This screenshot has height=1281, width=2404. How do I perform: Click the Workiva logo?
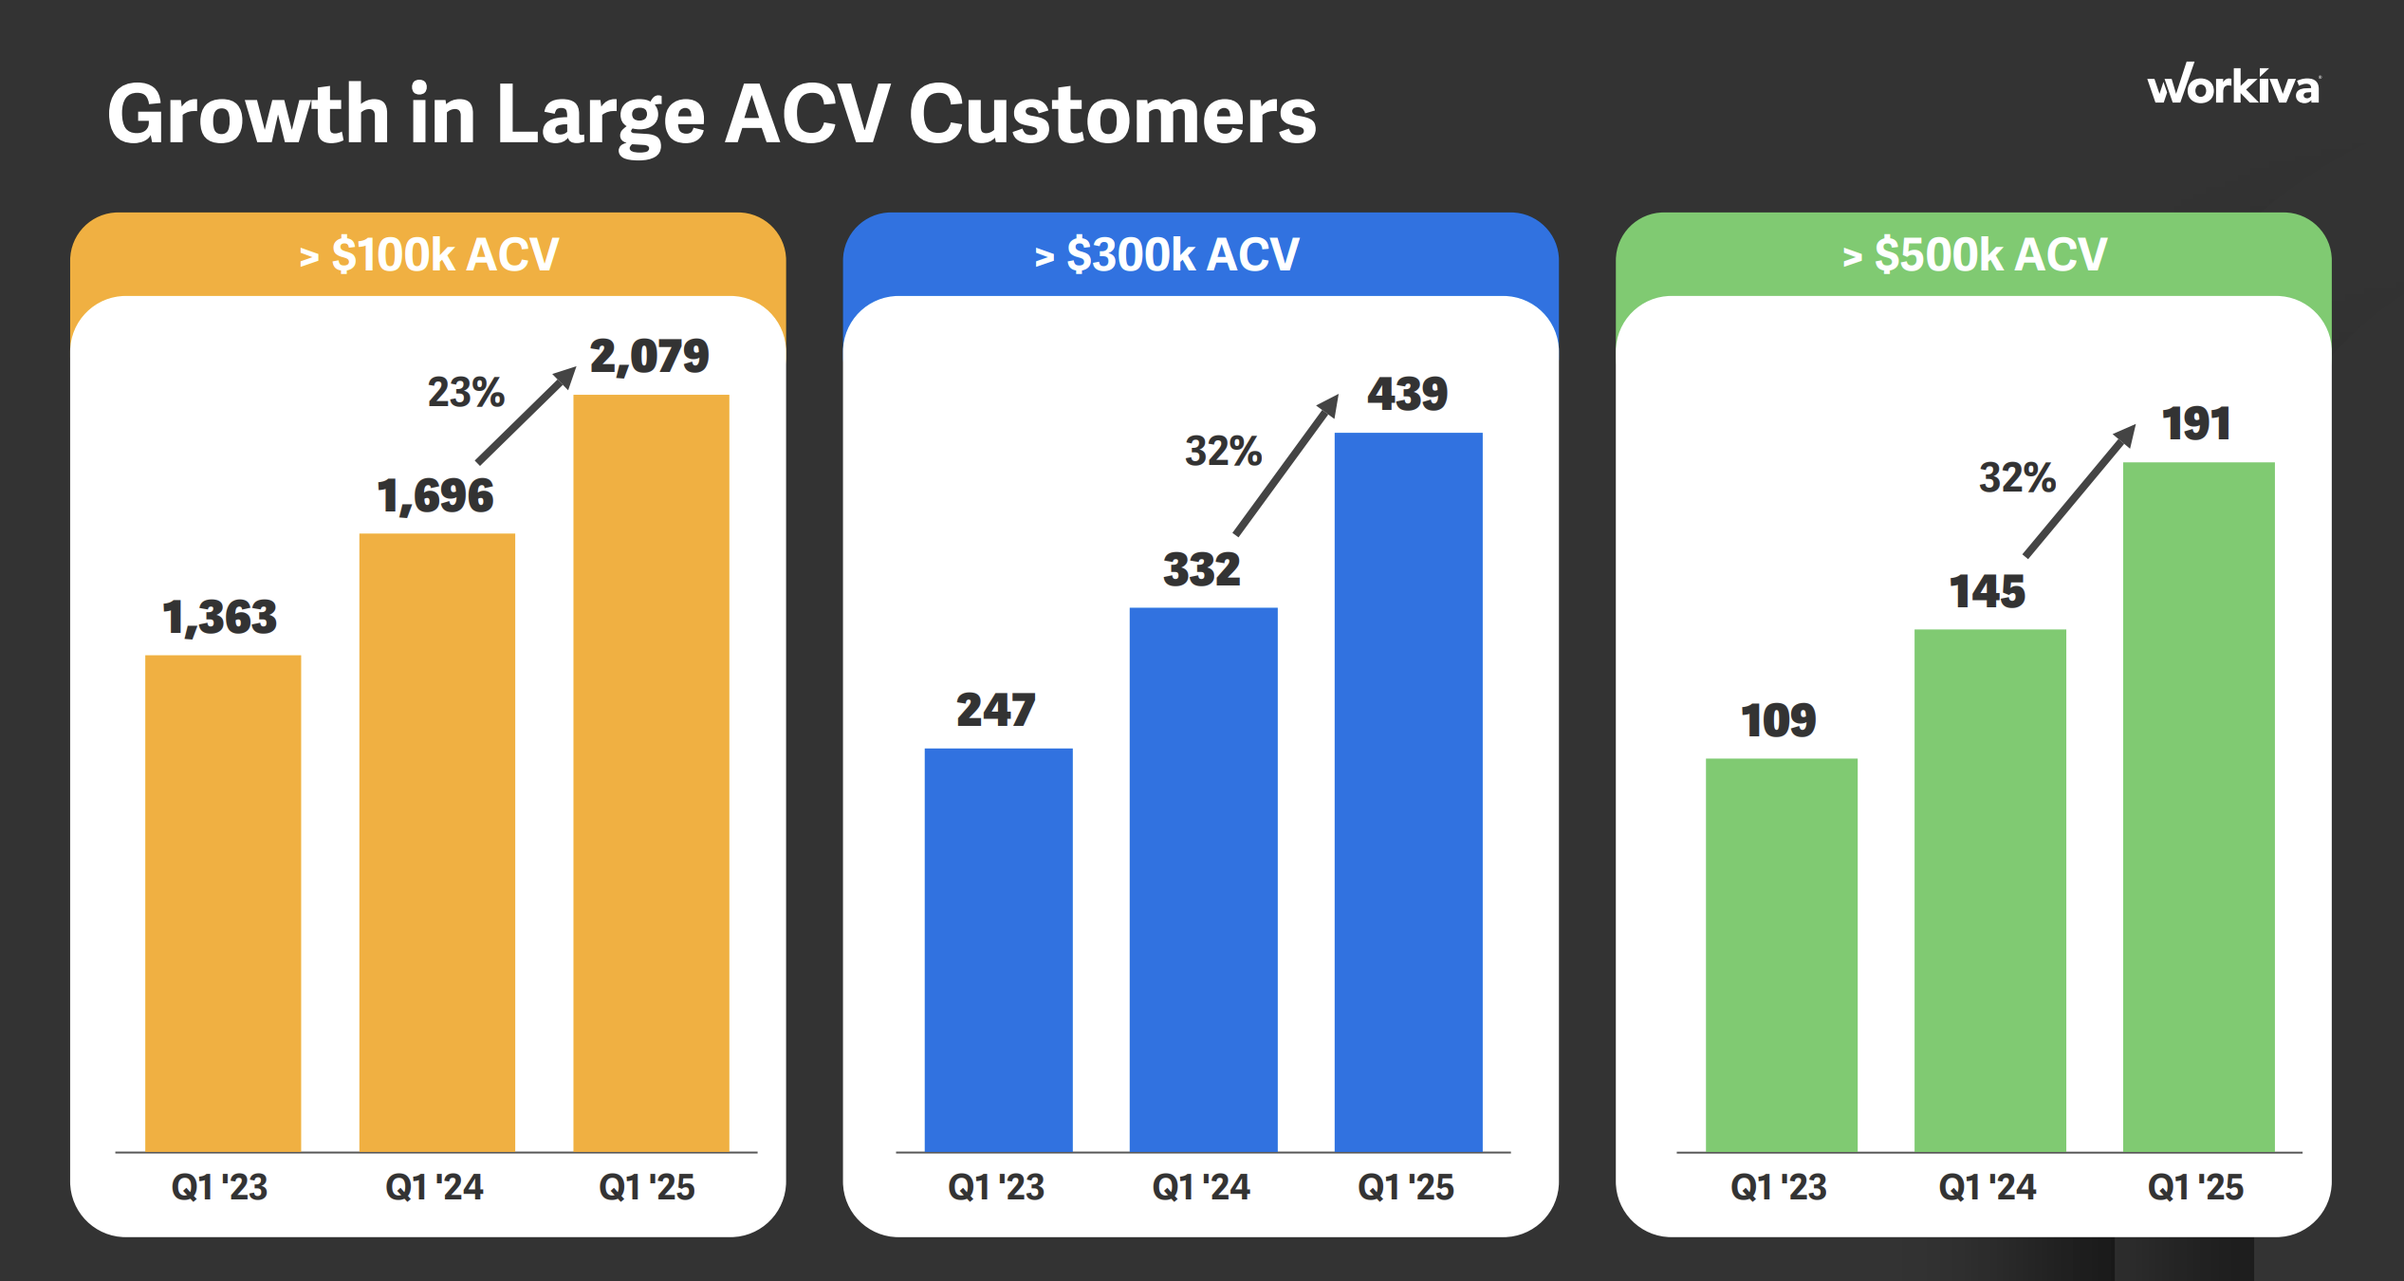(x=2233, y=86)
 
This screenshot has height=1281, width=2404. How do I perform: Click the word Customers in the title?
(x=1112, y=115)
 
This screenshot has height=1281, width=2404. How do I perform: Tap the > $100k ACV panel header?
(x=429, y=254)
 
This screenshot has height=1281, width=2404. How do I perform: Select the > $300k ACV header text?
(x=1167, y=254)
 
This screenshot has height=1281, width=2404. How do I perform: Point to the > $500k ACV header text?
(x=1974, y=254)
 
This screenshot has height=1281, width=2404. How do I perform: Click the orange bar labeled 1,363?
(x=223, y=901)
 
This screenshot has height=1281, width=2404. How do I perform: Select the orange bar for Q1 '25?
(x=651, y=773)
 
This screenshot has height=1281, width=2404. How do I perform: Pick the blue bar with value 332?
(x=1203, y=878)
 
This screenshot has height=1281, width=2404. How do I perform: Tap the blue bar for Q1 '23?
(x=998, y=949)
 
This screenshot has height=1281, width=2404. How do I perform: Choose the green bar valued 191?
(x=2198, y=807)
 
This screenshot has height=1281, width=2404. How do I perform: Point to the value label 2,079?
(x=649, y=357)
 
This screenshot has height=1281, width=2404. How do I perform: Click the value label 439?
(x=1407, y=394)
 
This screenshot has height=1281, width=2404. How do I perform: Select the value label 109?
(x=1778, y=720)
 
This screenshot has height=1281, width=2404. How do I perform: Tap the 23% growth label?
(x=466, y=392)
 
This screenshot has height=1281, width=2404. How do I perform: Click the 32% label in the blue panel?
(x=1223, y=451)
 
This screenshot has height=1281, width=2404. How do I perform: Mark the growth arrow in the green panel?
(x=2080, y=491)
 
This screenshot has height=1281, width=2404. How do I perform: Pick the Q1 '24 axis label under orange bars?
(x=435, y=1187)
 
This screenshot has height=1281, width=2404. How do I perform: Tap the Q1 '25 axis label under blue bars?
(x=1406, y=1187)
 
